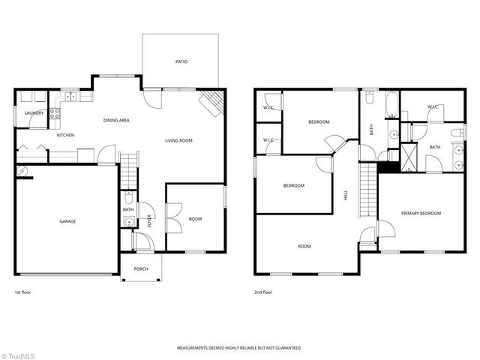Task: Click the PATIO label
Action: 181,62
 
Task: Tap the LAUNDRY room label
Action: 34,113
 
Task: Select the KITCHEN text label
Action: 66,135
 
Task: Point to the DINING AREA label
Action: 116,120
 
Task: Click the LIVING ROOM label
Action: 179,140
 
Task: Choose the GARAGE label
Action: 68,221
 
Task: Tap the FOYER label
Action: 148,220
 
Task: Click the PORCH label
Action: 141,268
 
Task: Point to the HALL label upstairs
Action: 346,194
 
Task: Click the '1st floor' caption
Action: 22,292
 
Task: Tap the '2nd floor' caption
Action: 262,292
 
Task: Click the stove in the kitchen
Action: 55,114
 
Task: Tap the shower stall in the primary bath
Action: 409,155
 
